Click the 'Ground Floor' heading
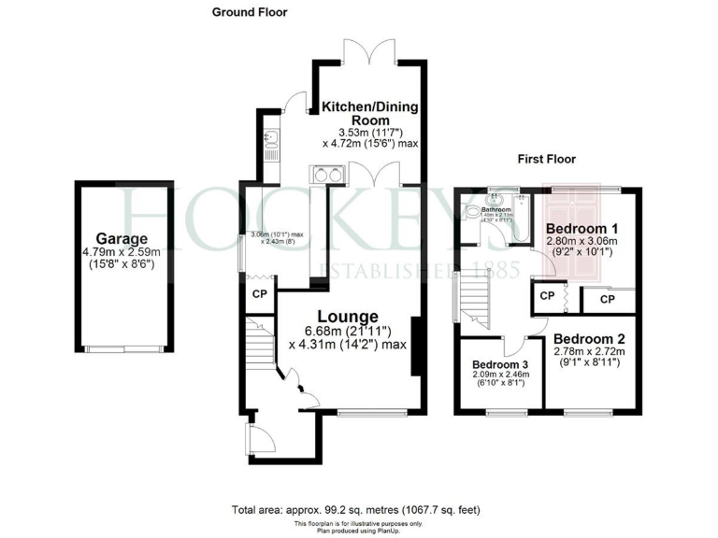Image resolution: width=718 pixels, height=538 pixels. (x=250, y=12)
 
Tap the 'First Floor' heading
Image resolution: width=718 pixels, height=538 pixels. (x=547, y=159)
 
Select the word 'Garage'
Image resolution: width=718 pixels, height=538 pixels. (x=121, y=238)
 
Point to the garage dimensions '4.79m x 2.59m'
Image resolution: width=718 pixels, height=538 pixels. (x=121, y=251)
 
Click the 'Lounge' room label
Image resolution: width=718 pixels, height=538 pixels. (x=346, y=317)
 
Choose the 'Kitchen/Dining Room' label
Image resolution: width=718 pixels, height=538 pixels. (x=369, y=114)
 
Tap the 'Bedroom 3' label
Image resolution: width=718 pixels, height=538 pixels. (x=499, y=363)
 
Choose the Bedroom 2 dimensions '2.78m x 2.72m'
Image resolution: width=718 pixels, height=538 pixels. (x=589, y=351)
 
